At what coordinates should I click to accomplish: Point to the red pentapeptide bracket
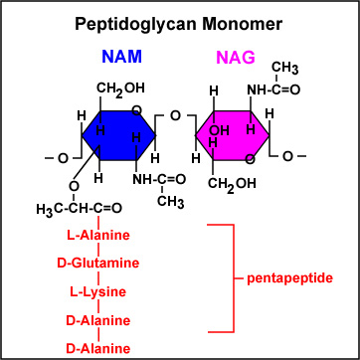pyautogui.click(x=234, y=276)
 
